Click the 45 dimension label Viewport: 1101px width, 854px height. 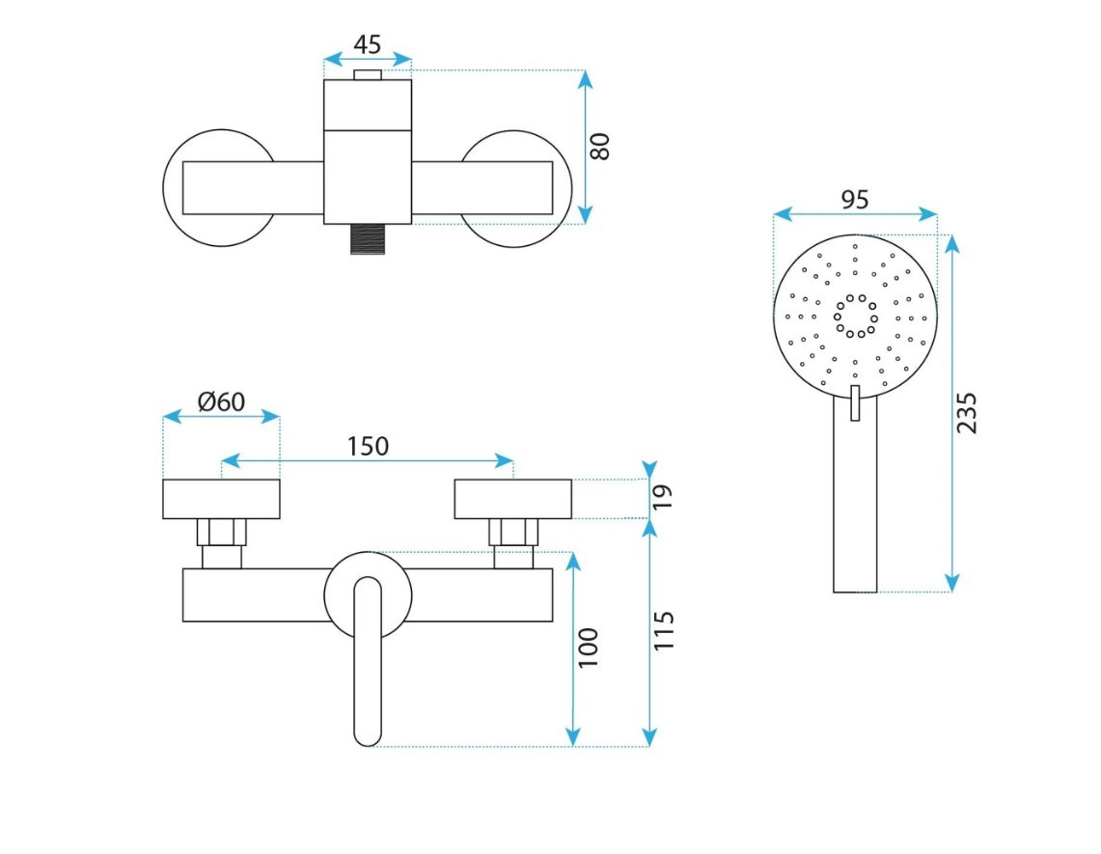tap(368, 44)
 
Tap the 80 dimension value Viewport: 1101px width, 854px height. tap(600, 146)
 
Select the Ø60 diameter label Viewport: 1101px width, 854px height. tap(222, 400)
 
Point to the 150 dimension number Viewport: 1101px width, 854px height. tap(368, 446)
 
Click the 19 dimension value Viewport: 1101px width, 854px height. tap(662, 498)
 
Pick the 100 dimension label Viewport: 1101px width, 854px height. tap(589, 647)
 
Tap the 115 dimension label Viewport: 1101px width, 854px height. tap(664, 630)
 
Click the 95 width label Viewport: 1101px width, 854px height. tap(855, 200)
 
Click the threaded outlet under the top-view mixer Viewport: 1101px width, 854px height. tap(368, 238)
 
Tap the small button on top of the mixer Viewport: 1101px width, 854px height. tap(368, 74)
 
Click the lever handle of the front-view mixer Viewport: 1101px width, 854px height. tap(368, 666)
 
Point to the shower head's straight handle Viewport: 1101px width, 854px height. tap(855, 511)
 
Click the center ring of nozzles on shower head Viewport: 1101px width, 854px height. tap(855, 316)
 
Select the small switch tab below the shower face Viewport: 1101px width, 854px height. tap(855, 403)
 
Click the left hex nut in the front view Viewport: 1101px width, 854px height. tap(222, 532)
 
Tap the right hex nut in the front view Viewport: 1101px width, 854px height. tap(512, 532)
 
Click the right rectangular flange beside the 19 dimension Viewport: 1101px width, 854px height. tap(512, 499)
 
